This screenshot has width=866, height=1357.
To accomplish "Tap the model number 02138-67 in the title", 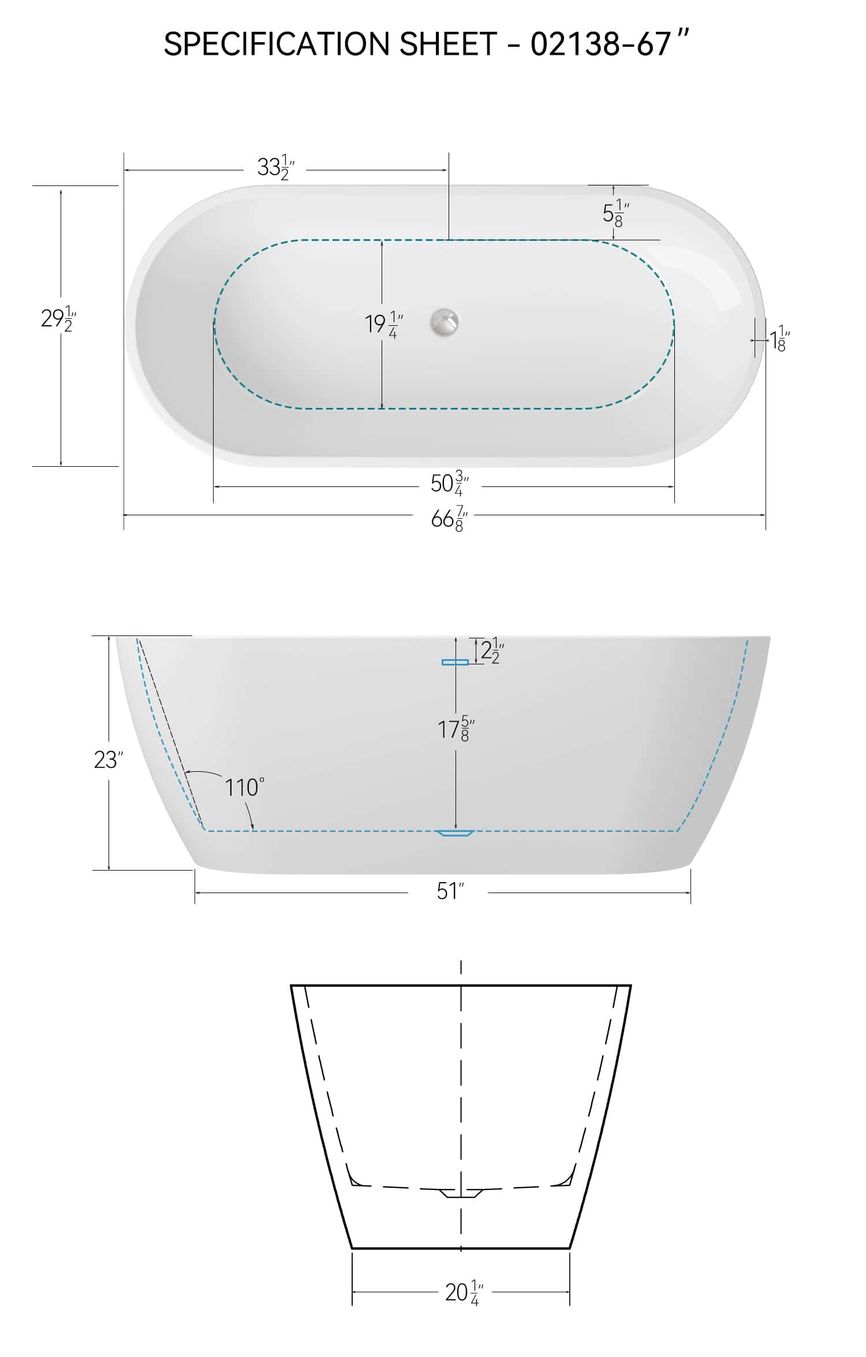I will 600,44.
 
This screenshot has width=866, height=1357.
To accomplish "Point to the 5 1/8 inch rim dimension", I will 615,213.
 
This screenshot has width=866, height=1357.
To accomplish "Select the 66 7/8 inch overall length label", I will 449,519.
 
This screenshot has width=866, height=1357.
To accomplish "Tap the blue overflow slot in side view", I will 455,662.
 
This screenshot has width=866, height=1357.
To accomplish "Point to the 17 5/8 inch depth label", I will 456,730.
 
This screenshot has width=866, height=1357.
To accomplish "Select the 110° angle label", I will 244,787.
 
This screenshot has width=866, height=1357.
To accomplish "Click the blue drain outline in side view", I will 455,833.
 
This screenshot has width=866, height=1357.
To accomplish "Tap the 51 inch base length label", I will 450,891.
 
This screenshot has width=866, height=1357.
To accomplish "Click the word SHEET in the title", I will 447,44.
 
